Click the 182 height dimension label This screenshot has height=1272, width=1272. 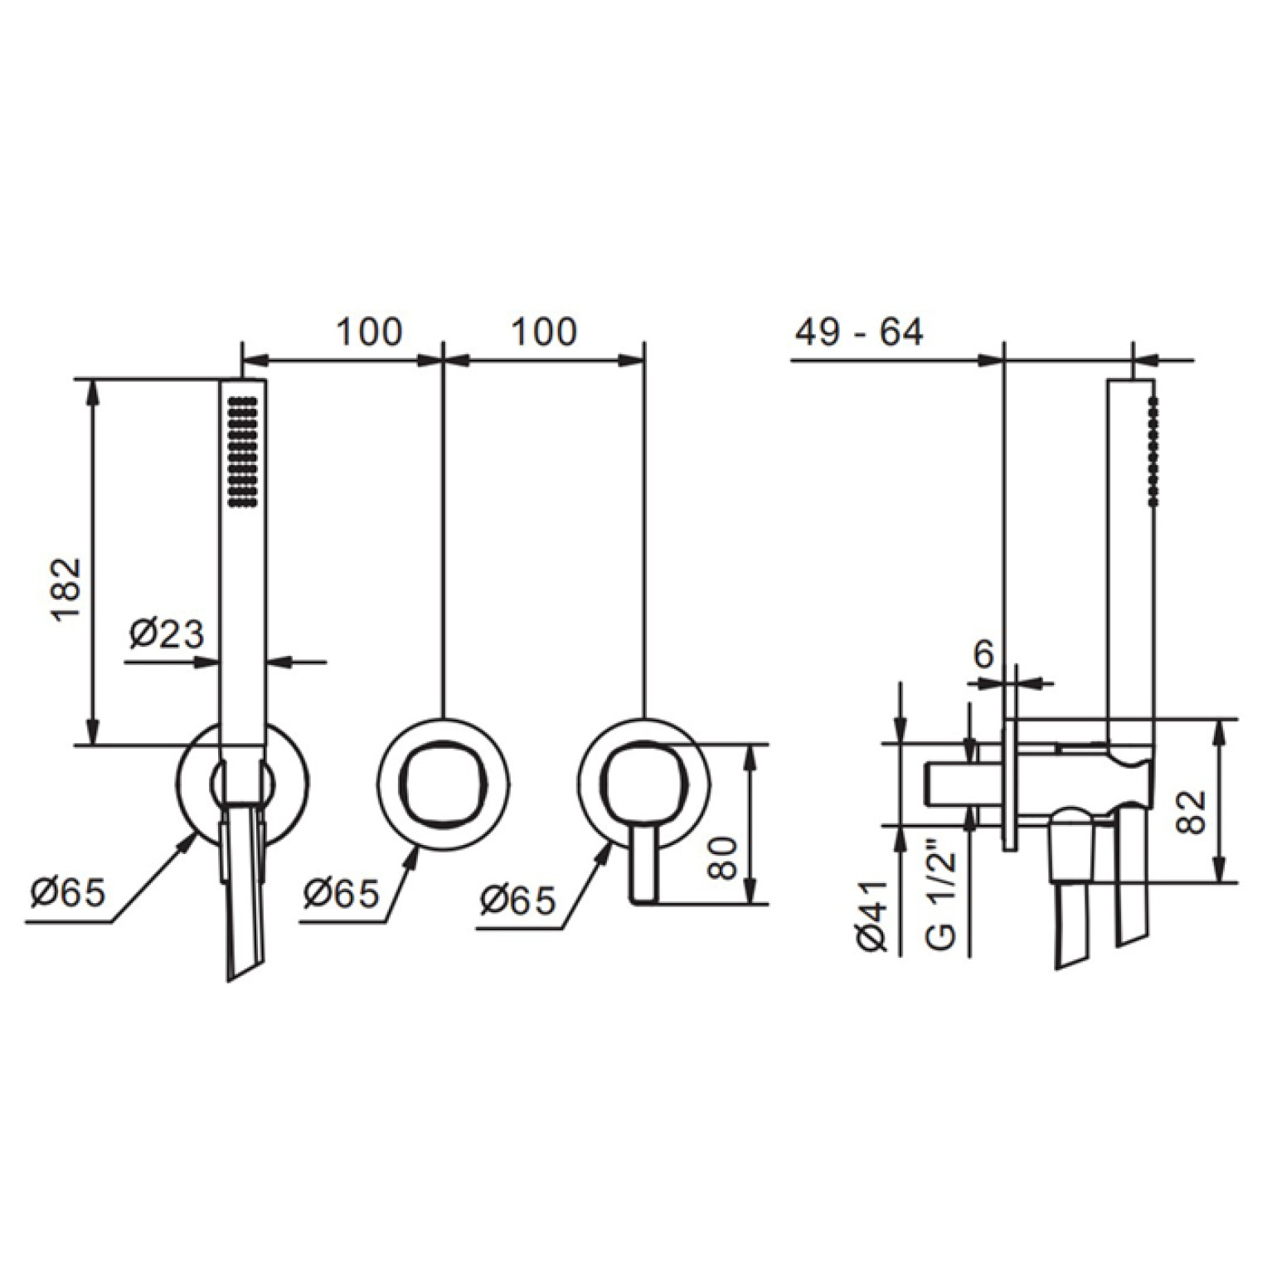[x=67, y=588]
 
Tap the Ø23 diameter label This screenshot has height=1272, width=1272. [x=166, y=634]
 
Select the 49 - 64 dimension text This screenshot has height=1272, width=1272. [x=858, y=333]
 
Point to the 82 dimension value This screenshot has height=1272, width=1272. [x=1191, y=812]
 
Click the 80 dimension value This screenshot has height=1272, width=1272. [x=722, y=858]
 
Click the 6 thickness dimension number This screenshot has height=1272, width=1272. [x=983, y=655]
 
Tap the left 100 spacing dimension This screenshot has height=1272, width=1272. [x=369, y=332]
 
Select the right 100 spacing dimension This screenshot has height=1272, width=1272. [x=544, y=332]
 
